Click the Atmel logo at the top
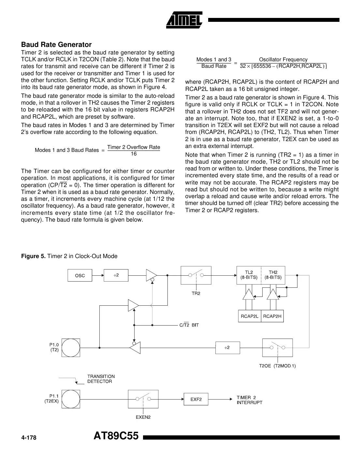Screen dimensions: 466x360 tap(184, 19)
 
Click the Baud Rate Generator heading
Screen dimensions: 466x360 tap(56, 45)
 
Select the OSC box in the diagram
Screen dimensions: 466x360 tap(80, 276)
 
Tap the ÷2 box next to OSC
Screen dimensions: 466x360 tap(116, 275)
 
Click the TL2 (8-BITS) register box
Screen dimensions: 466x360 tap(249, 275)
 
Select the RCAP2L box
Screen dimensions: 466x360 tap(250, 316)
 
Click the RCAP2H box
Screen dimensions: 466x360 tap(272, 316)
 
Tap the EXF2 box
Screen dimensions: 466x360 tap(196, 399)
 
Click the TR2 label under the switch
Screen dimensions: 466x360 tap(196, 293)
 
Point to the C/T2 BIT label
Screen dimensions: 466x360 tap(189, 325)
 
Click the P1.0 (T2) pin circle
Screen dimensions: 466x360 tap(71, 348)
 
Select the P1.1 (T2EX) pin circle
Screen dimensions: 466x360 tap(71, 399)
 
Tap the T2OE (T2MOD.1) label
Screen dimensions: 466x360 tap(277, 366)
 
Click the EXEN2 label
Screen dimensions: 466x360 tap(143, 417)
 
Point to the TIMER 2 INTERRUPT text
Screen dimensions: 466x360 tap(249, 400)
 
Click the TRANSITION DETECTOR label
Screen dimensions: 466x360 tap(101, 379)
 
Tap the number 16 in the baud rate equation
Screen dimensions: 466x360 tap(134, 154)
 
